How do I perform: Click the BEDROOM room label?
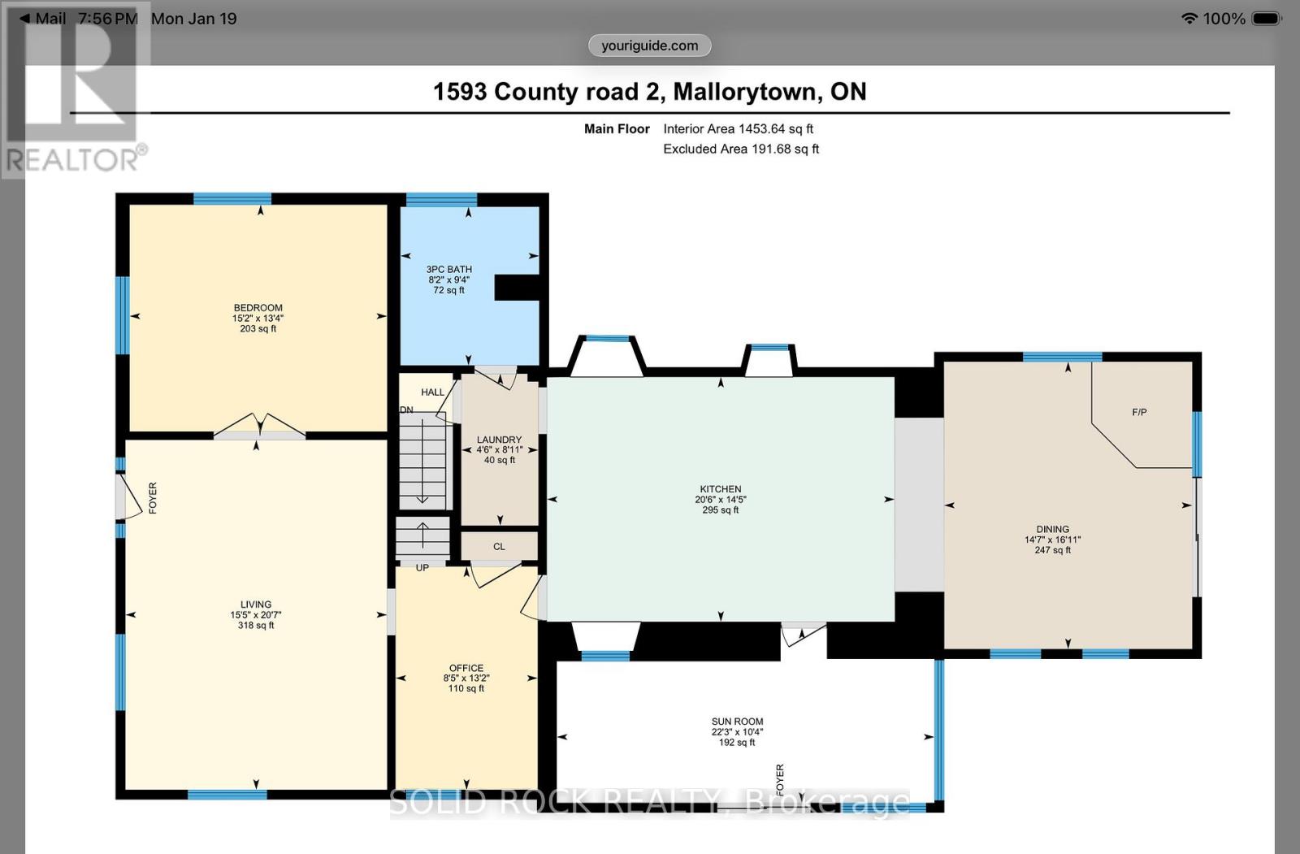pyautogui.click(x=258, y=308)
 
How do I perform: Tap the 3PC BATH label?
pyautogui.click(x=448, y=270)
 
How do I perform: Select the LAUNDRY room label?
pyautogui.click(x=499, y=440)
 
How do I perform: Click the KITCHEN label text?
pyautogui.click(x=720, y=489)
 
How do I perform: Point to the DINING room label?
pyautogui.click(x=1052, y=529)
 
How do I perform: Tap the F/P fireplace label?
pyautogui.click(x=1139, y=413)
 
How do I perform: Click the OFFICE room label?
pyautogui.click(x=466, y=668)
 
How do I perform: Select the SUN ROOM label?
pyautogui.click(x=737, y=722)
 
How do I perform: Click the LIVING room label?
pyautogui.click(x=255, y=605)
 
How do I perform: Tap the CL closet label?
pyautogui.click(x=499, y=547)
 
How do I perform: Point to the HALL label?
pyautogui.click(x=432, y=392)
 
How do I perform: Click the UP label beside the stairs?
pyautogui.click(x=422, y=568)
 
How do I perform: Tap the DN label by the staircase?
pyautogui.click(x=407, y=410)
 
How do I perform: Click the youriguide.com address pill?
pyautogui.click(x=649, y=46)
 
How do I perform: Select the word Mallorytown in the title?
pyautogui.click(x=744, y=92)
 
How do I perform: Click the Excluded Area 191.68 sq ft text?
pyautogui.click(x=740, y=149)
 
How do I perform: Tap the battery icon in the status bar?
pyautogui.click(x=1266, y=19)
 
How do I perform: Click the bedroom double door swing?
pyautogui.click(x=260, y=425)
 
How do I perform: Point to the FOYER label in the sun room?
pyautogui.click(x=780, y=779)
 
